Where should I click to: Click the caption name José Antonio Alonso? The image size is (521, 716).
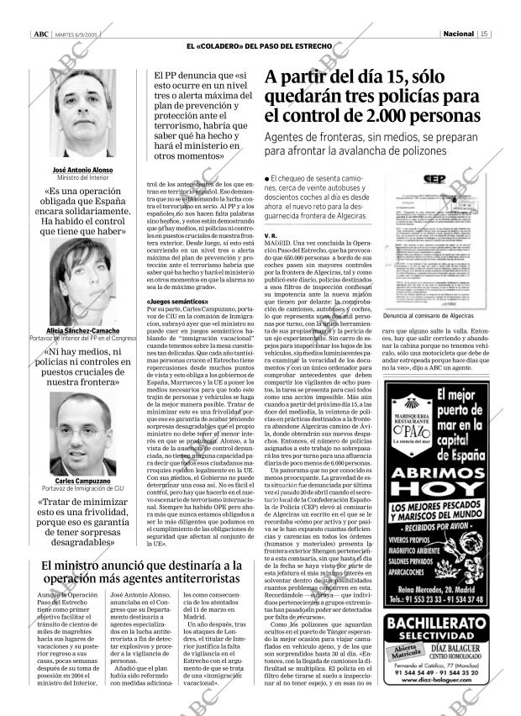coord(84,170)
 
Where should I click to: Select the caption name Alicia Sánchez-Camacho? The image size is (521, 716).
coord(84,331)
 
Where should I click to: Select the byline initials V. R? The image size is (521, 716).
coord(271,235)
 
